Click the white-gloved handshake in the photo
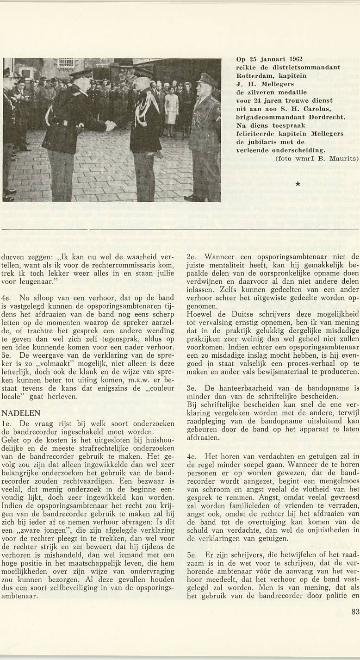110,125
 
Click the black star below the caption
298,184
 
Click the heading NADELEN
21,412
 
